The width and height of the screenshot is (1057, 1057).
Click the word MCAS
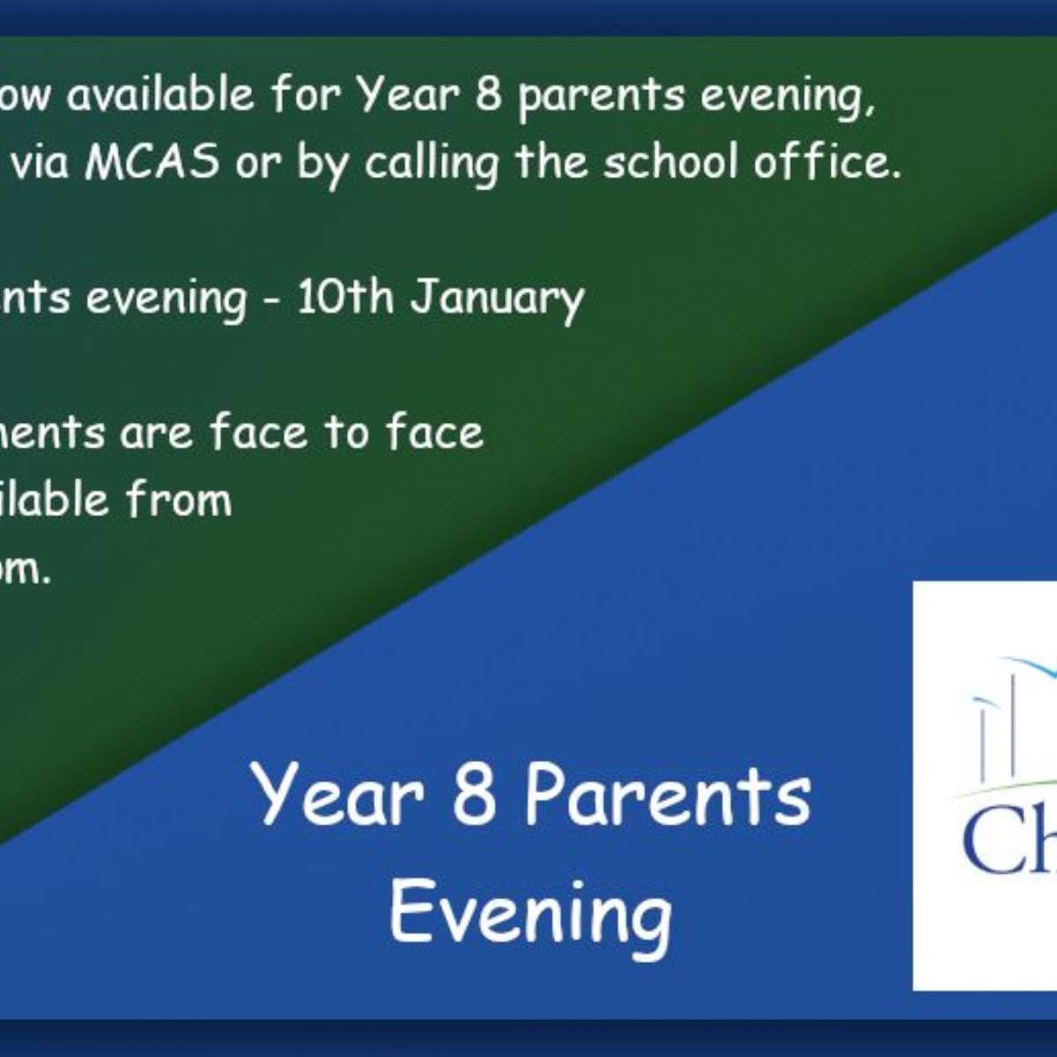click(152, 164)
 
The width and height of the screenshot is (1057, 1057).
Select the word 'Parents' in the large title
click(667, 795)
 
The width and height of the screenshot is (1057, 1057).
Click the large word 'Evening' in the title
click(530, 913)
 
